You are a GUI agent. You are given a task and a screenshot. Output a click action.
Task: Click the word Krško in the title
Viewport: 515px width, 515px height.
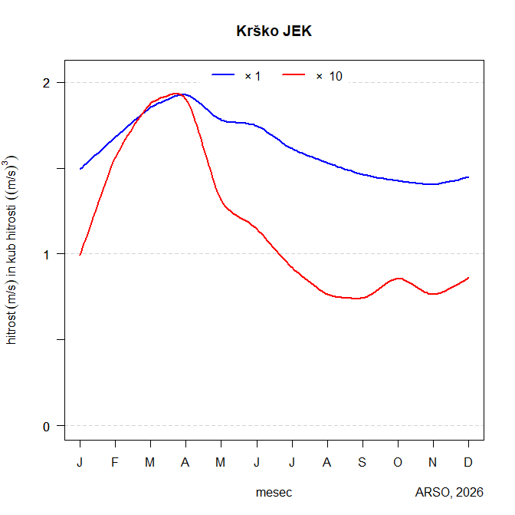[x=257, y=31]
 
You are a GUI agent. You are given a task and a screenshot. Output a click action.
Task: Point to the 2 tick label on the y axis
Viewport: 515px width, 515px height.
[x=45, y=82]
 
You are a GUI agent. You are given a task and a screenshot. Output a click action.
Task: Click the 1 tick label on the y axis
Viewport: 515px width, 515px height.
[x=45, y=254]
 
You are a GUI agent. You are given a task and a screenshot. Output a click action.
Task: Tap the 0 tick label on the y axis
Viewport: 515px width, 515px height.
[x=45, y=426]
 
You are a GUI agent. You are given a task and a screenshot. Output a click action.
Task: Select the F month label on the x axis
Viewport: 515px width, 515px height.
[x=115, y=462]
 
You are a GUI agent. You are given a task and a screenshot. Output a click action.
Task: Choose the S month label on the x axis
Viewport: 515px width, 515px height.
[x=362, y=462]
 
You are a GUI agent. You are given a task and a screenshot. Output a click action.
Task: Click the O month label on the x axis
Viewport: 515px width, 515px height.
[x=398, y=462]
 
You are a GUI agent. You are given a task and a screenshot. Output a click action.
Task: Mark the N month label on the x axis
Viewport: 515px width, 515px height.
[x=433, y=462]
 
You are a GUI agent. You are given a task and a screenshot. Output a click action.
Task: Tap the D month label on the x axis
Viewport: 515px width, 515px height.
[x=468, y=462]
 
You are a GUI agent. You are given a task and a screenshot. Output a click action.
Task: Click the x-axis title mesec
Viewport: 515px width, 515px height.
[x=274, y=492]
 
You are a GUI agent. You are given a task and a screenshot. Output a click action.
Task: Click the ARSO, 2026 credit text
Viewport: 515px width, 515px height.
[x=449, y=492]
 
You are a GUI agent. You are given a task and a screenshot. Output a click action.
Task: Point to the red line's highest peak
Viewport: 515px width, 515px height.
[x=175, y=94]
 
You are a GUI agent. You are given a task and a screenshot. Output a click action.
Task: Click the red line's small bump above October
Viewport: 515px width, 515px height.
[x=399, y=278]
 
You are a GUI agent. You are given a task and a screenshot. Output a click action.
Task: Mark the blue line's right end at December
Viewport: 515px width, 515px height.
[x=468, y=177]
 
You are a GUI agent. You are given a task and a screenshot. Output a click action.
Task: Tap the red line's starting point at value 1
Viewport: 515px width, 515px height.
[x=80, y=254]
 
